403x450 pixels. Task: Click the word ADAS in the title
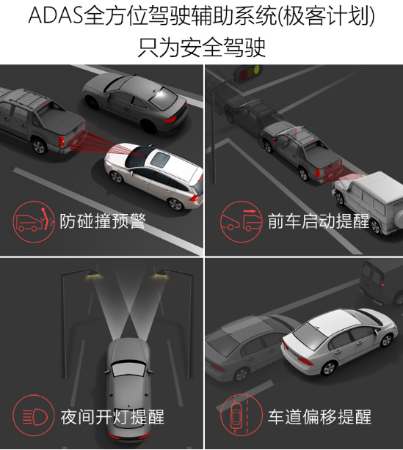(56, 15)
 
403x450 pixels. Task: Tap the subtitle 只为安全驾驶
(201, 48)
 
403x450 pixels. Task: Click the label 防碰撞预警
(103, 221)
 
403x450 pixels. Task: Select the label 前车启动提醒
(318, 221)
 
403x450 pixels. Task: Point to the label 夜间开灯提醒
(112, 417)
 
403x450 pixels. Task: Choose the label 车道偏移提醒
(319, 417)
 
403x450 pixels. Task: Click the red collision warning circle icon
(34, 221)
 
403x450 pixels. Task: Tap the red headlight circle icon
(34, 416)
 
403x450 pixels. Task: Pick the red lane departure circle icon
(242, 416)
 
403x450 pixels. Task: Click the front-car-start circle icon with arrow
(242, 221)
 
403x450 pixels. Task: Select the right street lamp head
(160, 274)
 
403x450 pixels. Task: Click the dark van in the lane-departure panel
(382, 281)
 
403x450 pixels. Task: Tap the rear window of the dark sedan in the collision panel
(163, 95)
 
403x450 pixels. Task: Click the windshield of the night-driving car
(128, 369)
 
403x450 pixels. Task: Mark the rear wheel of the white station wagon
(175, 204)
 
